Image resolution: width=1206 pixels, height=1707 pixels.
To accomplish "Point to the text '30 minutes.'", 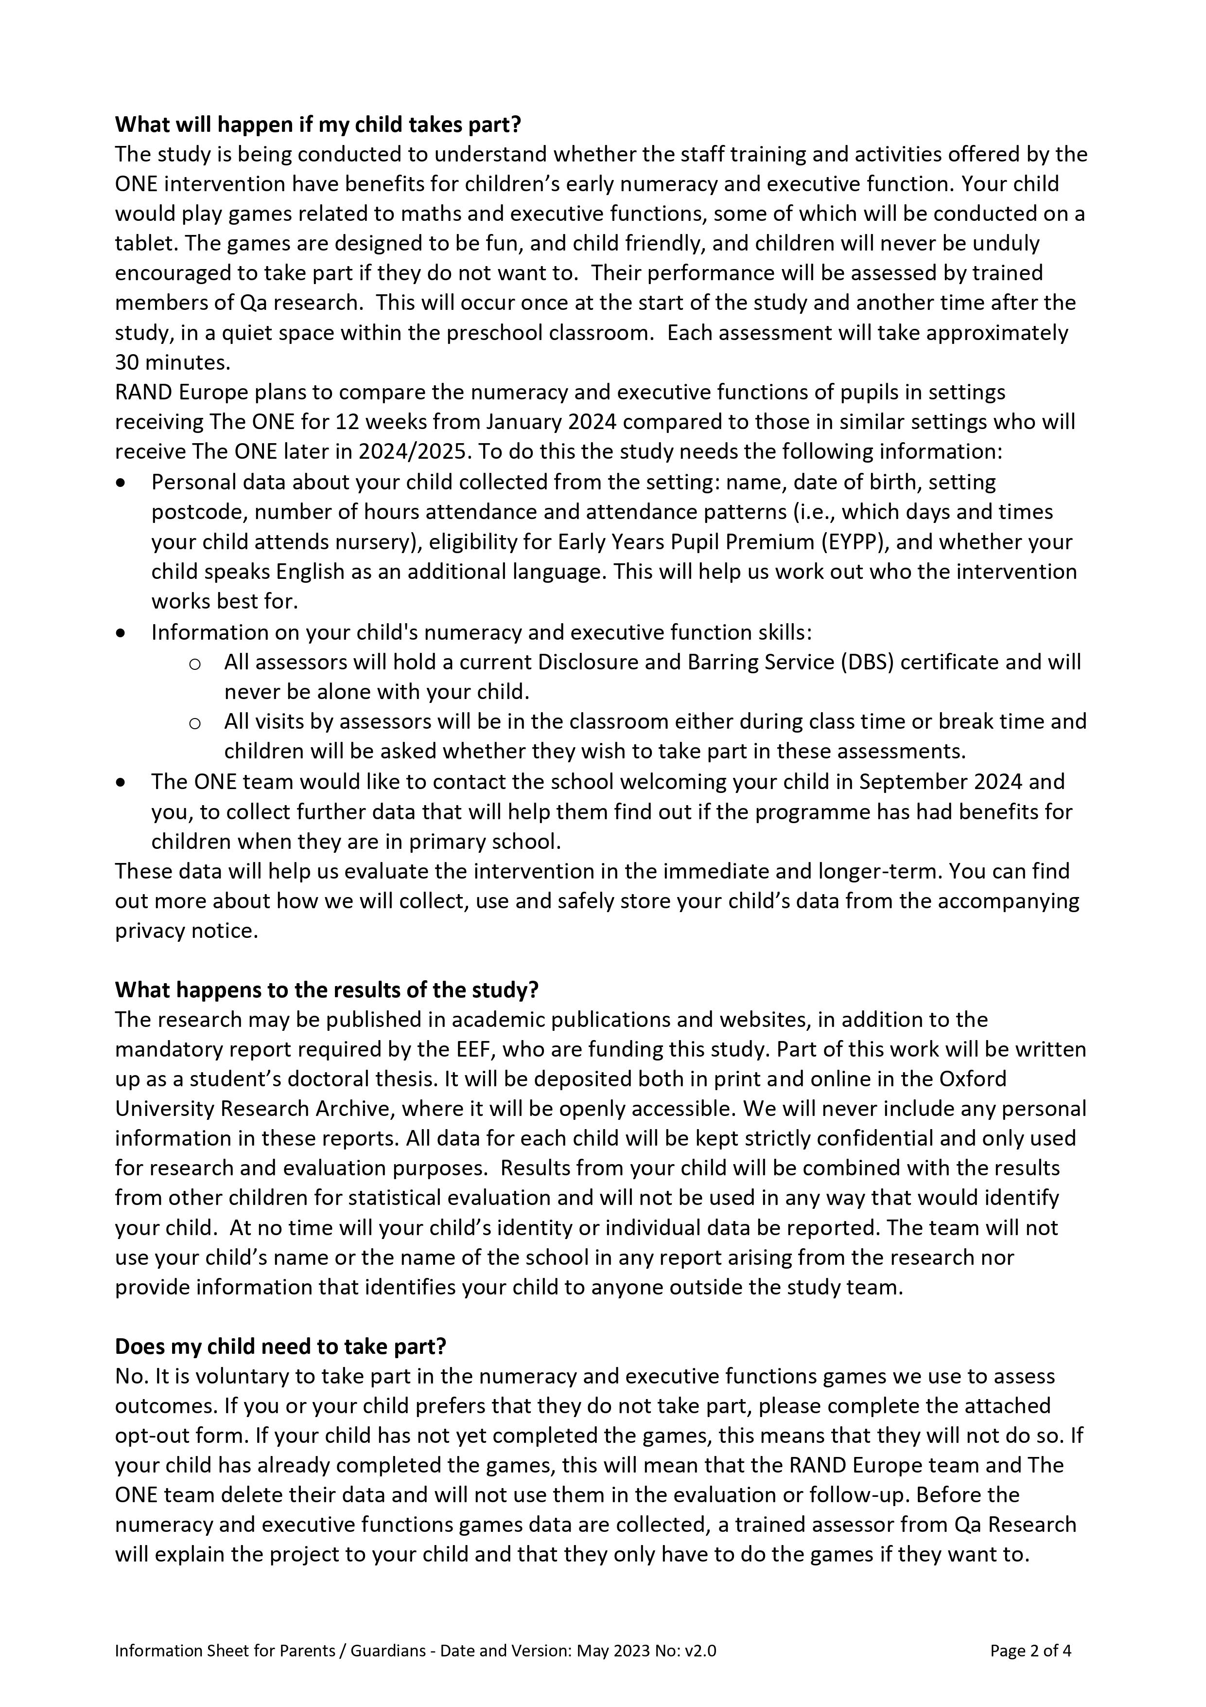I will [173, 363].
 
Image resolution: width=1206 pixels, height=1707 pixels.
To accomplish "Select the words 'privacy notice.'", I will [187, 931].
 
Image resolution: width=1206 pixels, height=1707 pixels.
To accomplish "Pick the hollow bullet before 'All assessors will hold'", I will [195, 663].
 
